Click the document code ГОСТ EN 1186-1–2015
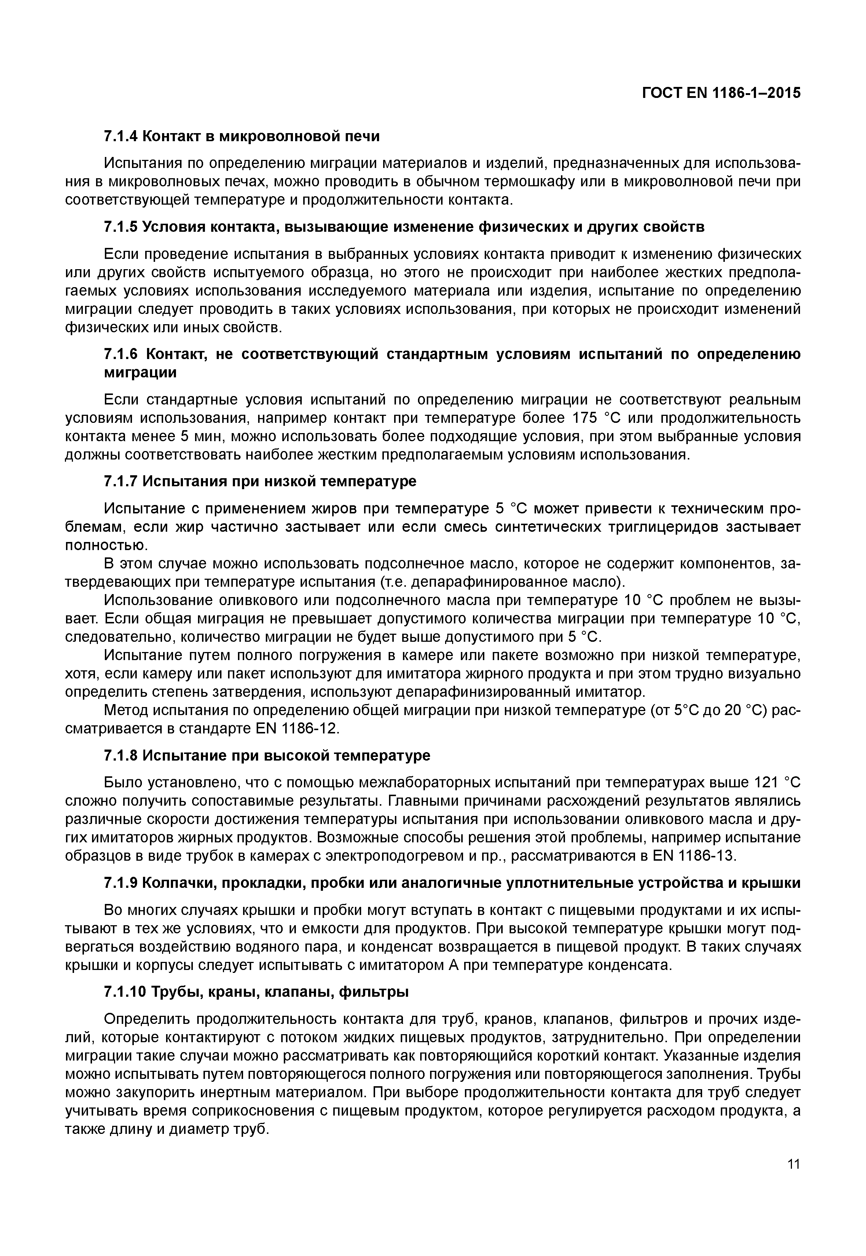(721, 93)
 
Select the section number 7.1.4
(121, 136)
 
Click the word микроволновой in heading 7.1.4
(278, 136)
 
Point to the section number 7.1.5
(121, 227)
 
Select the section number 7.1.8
(121, 755)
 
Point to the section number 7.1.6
(121, 355)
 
